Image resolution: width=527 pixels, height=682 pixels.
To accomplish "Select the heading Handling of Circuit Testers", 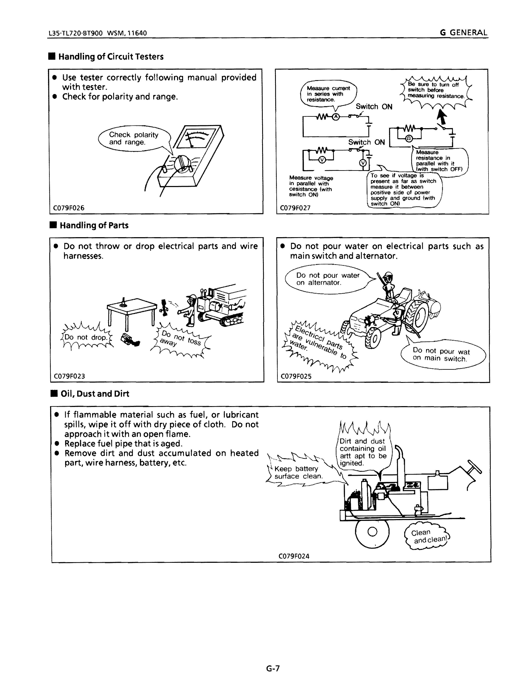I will click(x=111, y=57).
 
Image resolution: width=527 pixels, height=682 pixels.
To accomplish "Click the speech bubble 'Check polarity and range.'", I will click(x=134, y=139).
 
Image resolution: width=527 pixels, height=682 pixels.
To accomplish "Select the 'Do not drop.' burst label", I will click(x=86, y=337).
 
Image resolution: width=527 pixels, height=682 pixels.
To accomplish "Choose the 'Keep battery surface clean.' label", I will click(x=298, y=472).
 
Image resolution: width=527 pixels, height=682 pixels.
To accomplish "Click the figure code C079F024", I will click(x=294, y=556).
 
